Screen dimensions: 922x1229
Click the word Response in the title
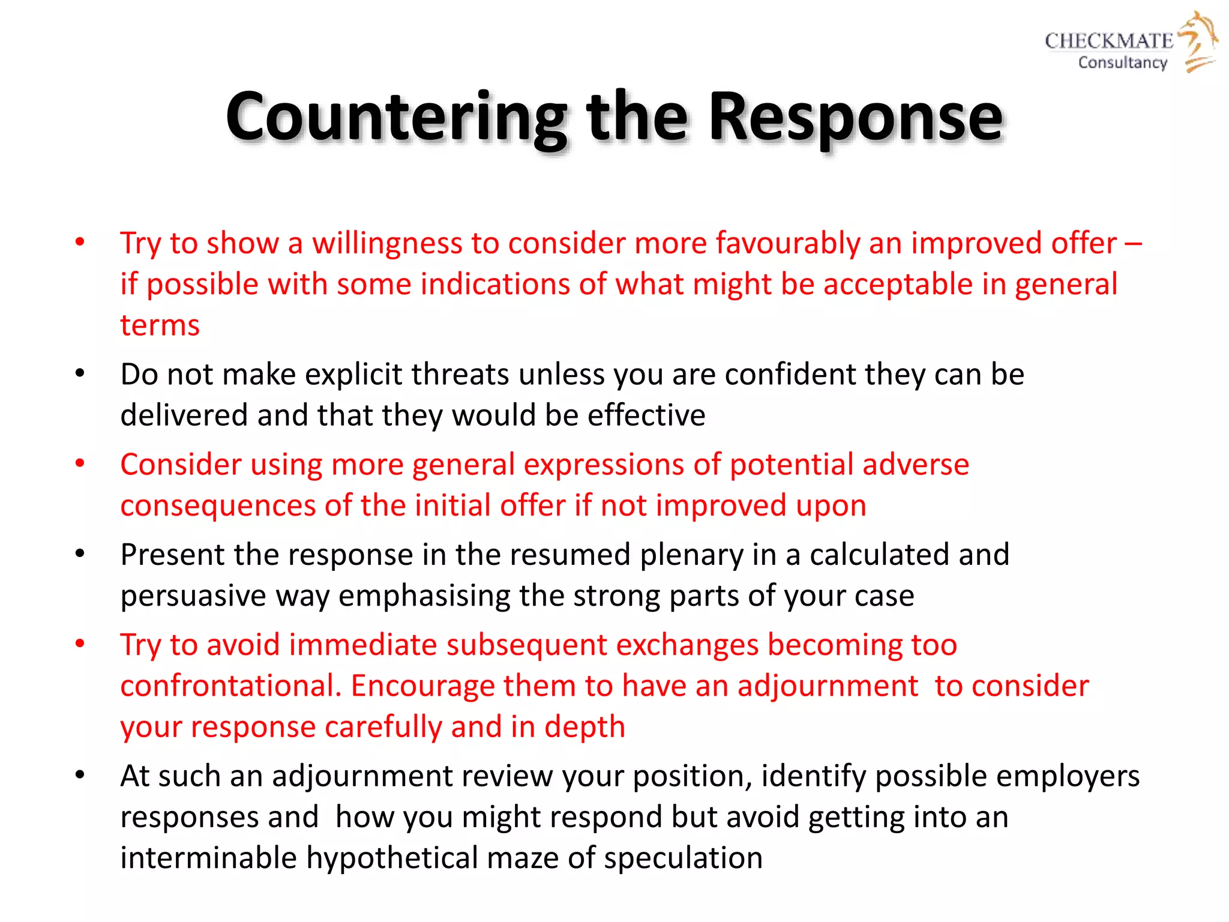[x=855, y=117]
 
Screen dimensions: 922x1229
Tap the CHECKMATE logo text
[x=1108, y=41]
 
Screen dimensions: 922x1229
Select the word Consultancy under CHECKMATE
[x=1122, y=62]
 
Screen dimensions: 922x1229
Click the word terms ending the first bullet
[x=160, y=325]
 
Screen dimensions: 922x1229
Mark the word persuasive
[x=193, y=596]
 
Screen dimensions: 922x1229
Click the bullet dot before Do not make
[x=80, y=373]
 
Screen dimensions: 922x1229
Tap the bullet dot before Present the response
[x=80, y=553]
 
